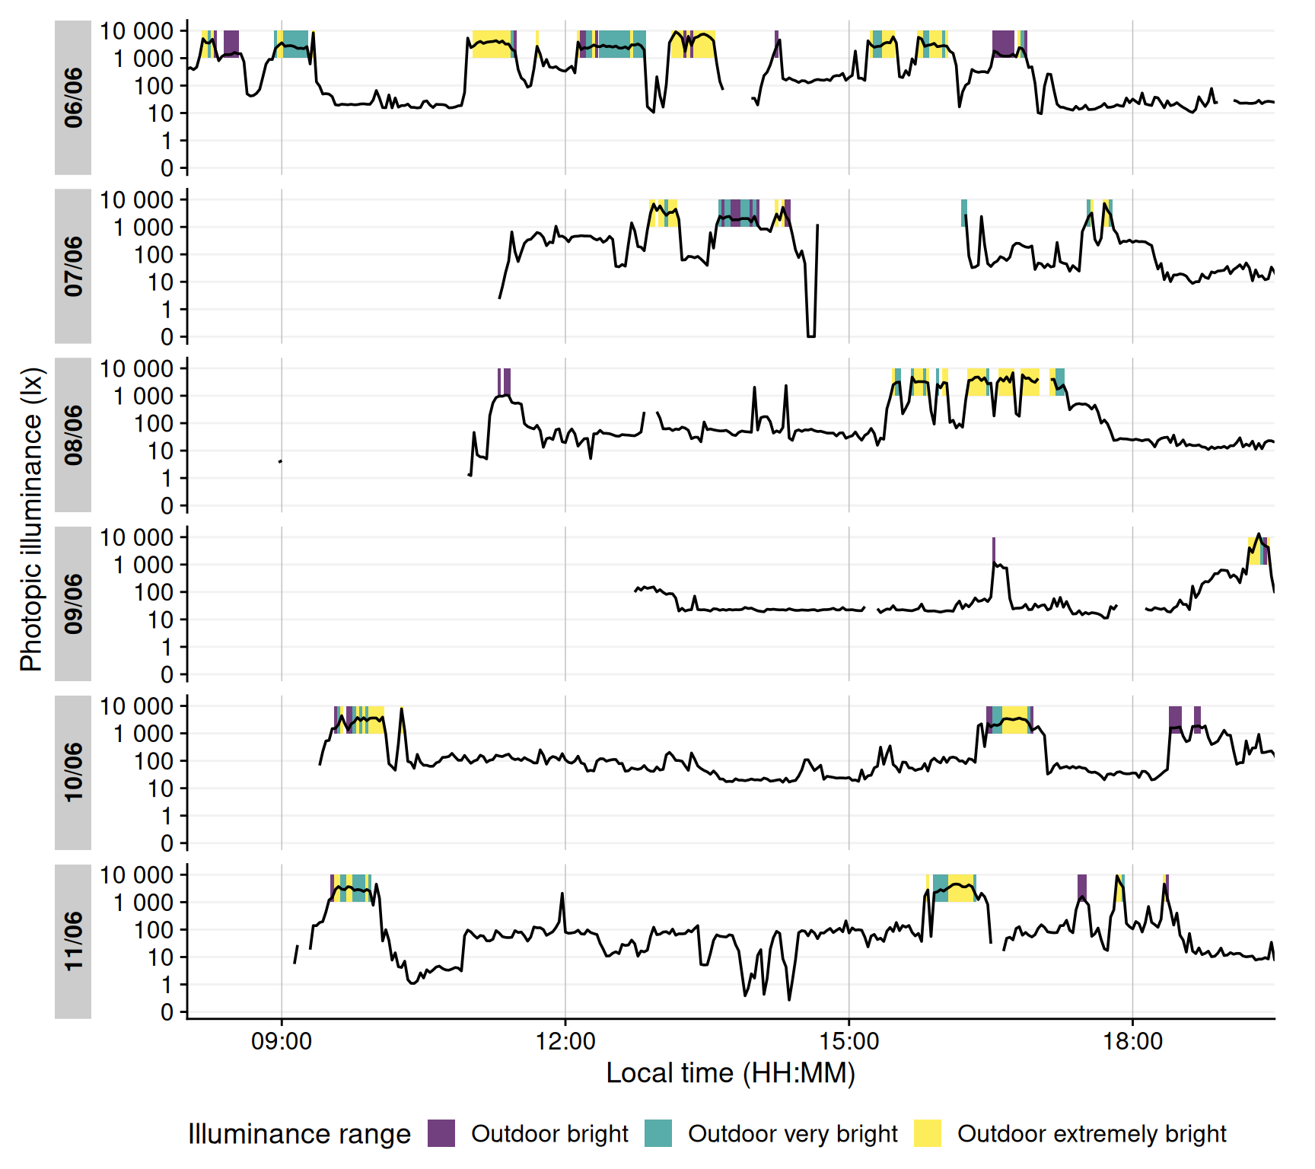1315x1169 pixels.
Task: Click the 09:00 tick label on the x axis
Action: click(x=282, y=1041)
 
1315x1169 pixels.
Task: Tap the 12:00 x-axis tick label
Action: click(x=565, y=1041)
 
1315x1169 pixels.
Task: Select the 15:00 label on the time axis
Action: click(x=849, y=1041)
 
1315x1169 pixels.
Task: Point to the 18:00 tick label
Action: click(x=1132, y=1041)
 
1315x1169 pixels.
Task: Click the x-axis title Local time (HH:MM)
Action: click(x=731, y=1073)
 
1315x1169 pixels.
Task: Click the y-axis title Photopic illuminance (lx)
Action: click(x=31, y=520)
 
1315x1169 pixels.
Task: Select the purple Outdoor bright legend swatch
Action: click(x=441, y=1133)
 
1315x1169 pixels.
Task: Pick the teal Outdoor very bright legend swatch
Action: click(x=658, y=1133)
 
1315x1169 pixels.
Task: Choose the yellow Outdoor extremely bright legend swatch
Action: click(x=928, y=1133)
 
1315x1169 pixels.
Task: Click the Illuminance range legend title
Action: click(x=299, y=1134)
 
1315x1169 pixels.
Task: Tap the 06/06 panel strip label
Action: click(x=73, y=97)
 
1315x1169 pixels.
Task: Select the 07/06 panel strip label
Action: click(x=73, y=266)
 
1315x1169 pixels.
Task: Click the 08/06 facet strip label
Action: click(x=73, y=435)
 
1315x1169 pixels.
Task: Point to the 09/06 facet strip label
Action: click(x=73, y=604)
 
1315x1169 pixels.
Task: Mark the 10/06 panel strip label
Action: click(x=73, y=773)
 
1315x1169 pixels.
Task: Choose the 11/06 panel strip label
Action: click(x=73, y=942)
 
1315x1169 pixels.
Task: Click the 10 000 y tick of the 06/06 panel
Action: click(x=137, y=31)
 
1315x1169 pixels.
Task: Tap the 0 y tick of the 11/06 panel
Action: click(x=167, y=1012)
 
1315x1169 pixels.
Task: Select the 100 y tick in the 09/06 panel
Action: click(x=154, y=592)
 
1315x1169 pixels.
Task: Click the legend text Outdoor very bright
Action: click(x=793, y=1134)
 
